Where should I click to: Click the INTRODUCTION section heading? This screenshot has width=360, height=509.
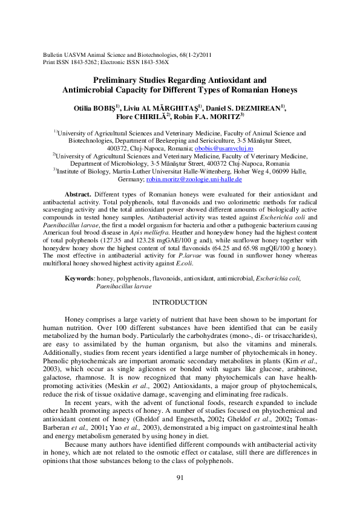click(180, 302)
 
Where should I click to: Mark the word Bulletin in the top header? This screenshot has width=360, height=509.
click(49, 55)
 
